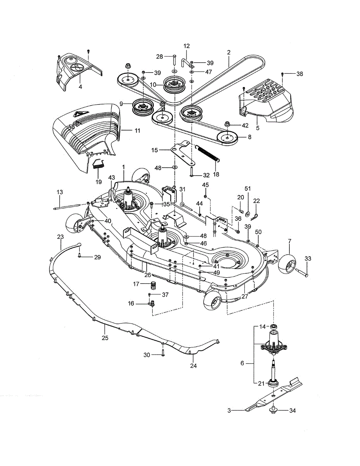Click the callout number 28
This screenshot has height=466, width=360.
click(159, 57)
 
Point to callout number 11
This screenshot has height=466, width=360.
click(137, 130)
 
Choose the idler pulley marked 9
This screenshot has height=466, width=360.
click(143, 107)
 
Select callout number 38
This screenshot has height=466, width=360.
click(299, 74)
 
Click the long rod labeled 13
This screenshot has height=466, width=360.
click(67, 206)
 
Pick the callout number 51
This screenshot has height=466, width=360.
click(247, 188)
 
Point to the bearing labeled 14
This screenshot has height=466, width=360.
click(273, 327)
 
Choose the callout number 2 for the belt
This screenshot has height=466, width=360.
click(229, 52)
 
